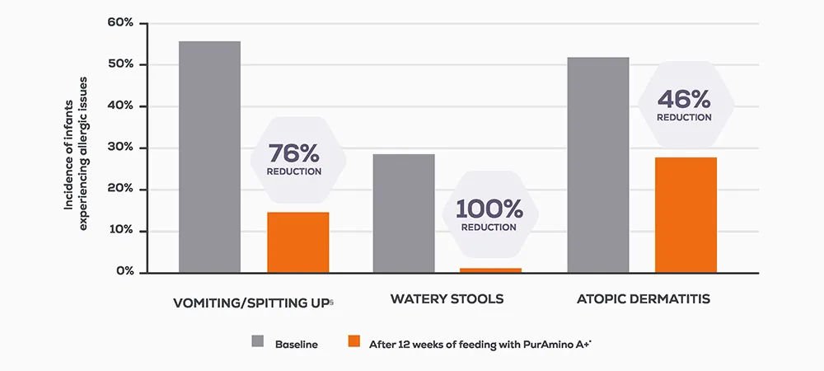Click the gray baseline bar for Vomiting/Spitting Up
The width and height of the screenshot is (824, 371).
(x=209, y=157)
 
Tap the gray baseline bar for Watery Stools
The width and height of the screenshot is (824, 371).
(x=404, y=213)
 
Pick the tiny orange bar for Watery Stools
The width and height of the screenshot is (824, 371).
(x=491, y=270)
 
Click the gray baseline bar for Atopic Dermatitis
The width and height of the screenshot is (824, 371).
(x=598, y=165)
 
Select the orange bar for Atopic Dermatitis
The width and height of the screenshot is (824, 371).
(x=686, y=214)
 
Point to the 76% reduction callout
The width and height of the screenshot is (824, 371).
(x=294, y=159)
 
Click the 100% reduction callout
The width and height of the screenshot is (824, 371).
(x=489, y=214)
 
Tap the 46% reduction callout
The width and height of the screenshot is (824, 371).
(x=684, y=105)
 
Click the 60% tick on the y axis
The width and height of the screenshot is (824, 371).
(x=120, y=22)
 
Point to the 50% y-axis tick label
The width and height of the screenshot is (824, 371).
(x=120, y=64)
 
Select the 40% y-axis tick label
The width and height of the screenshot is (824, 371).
(x=120, y=106)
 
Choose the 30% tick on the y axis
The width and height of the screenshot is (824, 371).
(x=120, y=148)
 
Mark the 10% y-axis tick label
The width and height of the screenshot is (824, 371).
(x=120, y=231)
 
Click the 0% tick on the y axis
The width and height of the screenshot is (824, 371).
(x=124, y=272)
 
